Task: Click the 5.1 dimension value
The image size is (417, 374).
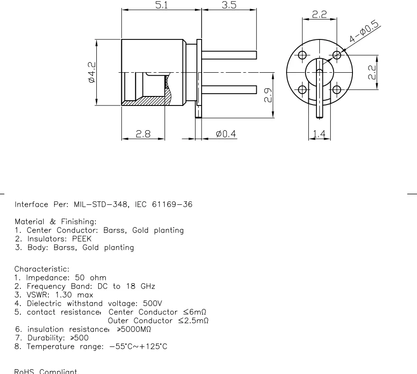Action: pyautogui.click(x=162, y=5)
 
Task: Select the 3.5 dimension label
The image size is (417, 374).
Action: pyautogui.click(x=229, y=5)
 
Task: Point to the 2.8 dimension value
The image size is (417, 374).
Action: pyautogui.click(x=144, y=134)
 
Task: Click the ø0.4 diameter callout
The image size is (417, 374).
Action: pyautogui.click(x=226, y=134)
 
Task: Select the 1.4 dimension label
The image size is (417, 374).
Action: pyautogui.click(x=319, y=134)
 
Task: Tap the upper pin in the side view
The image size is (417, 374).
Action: pyautogui.click(x=230, y=56)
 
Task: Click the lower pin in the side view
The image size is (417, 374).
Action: pyautogui.click(x=230, y=89)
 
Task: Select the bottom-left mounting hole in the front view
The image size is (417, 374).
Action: pyautogui.click(x=302, y=89)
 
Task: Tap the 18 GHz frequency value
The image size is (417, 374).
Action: pyautogui.click(x=139, y=286)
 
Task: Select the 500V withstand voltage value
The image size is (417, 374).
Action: pyautogui.click(x=152, y=303)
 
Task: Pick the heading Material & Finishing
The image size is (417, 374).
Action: pyautogui.click(x=56, y=222)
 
